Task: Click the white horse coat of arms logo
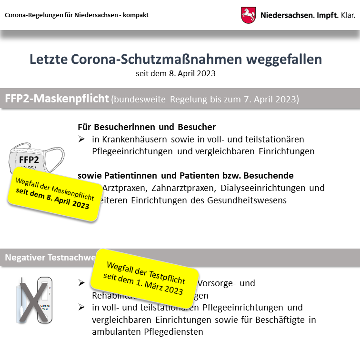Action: [x=249, y=15]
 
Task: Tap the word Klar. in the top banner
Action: [x=344, y=15]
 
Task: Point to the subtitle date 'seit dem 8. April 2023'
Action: [x=175, y=73]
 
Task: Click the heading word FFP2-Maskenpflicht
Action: [x=57, y=99]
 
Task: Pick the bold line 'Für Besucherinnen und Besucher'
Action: [x=147, y=127]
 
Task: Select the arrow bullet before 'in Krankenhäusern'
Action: [x=82, y=139]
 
